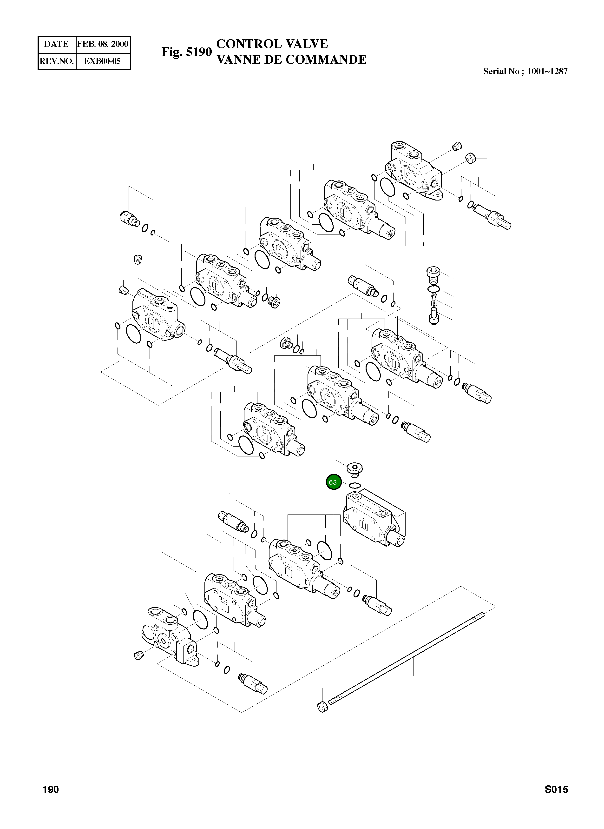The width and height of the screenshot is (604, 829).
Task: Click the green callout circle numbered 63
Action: click(x=333, y=482)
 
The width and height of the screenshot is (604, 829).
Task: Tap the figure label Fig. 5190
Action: click(x=186, y=52)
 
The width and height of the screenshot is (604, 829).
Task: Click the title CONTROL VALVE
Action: click(x=272, y=44)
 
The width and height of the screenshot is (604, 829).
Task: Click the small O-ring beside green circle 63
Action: click(x=355, y=486)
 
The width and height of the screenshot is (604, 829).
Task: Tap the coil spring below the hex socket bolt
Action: click(x=434, y=300)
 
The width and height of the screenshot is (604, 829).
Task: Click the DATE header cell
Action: click(x=56, y=44)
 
